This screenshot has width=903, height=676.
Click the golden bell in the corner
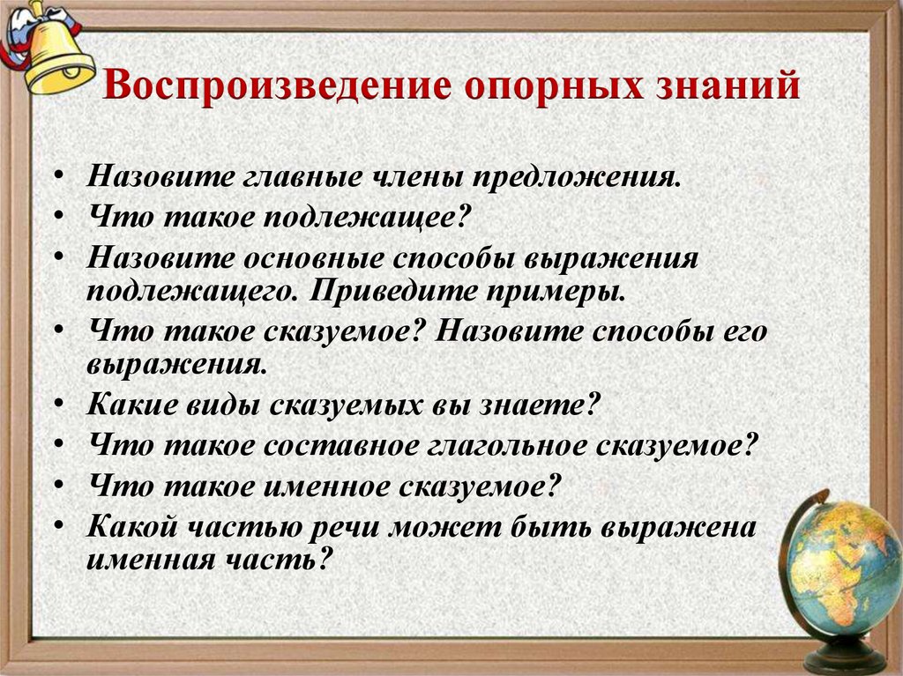(55, 53)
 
